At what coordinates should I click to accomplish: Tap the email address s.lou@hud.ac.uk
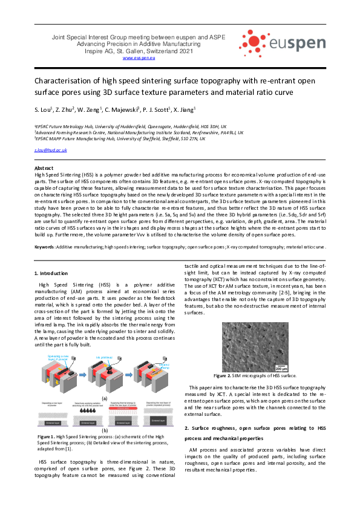pyautogui.click(x=51, y=149)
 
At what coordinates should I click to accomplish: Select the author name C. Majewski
pyautogui.click(x=122, y=109)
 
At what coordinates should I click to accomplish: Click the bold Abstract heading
pyautogui.click(x=44, y=167)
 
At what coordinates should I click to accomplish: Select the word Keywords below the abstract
pyautogui.click(x=45, y=247)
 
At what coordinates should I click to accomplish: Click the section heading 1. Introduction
pyautogui.click(x=51, y=274)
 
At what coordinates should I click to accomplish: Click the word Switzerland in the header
pyautogui.click(x=166, y=51)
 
